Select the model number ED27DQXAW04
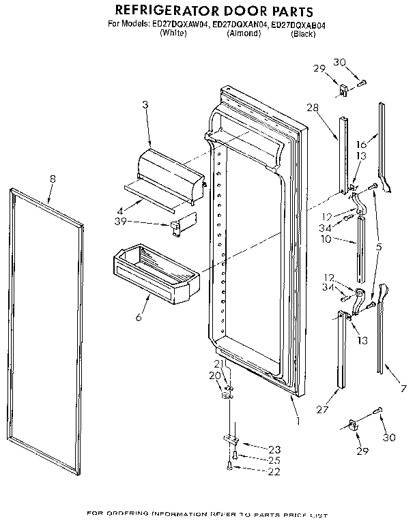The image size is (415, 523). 173,25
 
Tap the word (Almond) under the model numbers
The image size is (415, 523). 244,33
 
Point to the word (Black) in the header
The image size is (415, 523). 302,33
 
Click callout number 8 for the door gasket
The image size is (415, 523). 53,179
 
